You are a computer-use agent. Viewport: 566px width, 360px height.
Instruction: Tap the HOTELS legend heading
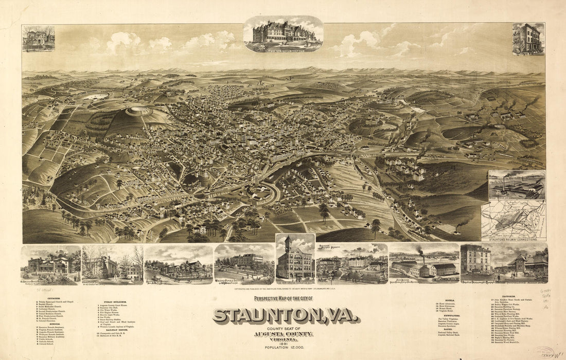443,298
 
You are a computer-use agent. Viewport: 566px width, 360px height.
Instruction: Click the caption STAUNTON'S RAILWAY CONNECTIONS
512,239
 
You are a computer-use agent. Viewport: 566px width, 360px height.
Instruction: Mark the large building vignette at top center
283,34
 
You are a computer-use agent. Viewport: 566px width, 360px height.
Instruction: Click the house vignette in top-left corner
38,39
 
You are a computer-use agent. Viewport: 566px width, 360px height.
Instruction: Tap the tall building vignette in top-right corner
528,39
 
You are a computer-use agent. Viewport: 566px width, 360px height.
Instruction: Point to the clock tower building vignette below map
295,259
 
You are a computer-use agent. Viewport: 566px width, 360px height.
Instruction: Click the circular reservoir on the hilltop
139,111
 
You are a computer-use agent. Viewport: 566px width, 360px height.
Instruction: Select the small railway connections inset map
513,219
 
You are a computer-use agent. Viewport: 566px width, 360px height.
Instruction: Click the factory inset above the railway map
516,185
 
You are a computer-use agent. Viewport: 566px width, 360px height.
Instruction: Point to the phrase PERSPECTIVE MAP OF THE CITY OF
284,299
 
